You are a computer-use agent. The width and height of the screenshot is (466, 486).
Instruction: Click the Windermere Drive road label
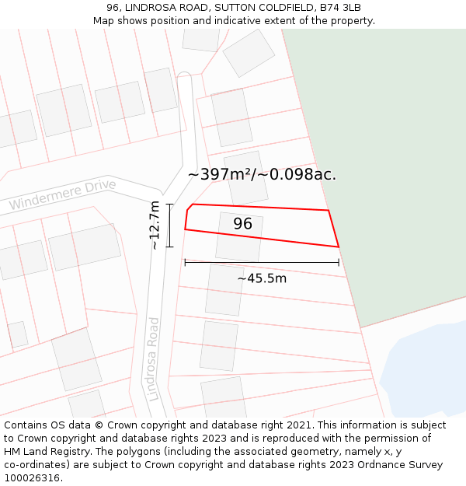tap(62, 194)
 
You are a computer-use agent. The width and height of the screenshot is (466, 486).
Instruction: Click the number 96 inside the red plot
tap(242, 224)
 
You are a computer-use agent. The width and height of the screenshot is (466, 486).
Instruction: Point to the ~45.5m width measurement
tap(262, 278)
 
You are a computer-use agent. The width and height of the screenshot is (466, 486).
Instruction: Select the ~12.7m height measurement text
tap(155, 225)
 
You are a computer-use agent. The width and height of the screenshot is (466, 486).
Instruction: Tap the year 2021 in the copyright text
tap(298, 425)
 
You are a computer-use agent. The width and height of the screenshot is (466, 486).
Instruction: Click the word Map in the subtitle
tap(104, 21)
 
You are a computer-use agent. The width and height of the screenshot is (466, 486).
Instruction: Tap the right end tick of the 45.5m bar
tap(339, 262)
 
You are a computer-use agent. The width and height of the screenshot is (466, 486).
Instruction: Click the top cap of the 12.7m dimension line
tap(169, 205)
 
